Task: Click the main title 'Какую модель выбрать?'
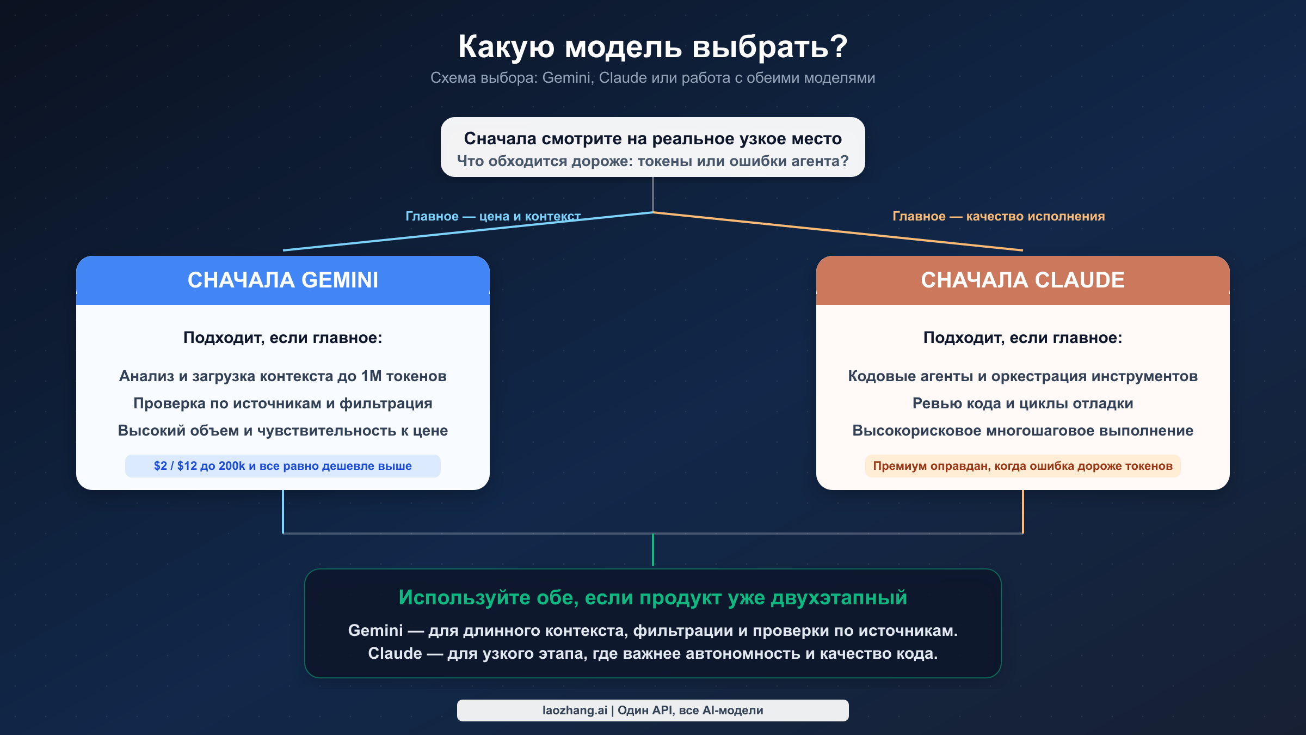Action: point(652,47)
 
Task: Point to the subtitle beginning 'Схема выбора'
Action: point(652,78)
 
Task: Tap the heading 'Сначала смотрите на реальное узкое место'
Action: point(652,139)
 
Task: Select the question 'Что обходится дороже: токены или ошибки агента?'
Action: point(652,161)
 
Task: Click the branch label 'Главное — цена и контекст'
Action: point(492,216)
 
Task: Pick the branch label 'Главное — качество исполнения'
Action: point(999,216)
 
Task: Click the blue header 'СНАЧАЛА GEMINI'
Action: point(283,280)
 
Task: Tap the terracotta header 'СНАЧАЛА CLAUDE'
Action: point(1022,280)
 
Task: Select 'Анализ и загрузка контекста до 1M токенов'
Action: point(283,376)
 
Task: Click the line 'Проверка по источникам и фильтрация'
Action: point(283,403)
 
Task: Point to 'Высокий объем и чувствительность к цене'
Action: point(283,431)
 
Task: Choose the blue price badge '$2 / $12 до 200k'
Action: point(283,466)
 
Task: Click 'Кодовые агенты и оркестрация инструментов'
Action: point(1022,376)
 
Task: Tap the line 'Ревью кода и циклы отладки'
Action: point(1022,403)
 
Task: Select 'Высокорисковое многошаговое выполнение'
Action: point(1022,431)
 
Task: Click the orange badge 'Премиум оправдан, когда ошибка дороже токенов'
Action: point(1022,466)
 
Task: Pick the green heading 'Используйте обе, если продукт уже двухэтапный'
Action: point(652,598)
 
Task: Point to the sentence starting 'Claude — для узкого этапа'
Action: point(652,653)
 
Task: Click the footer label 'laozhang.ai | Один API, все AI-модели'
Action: point(652,710)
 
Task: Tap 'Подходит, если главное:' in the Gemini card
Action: point(283,338)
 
